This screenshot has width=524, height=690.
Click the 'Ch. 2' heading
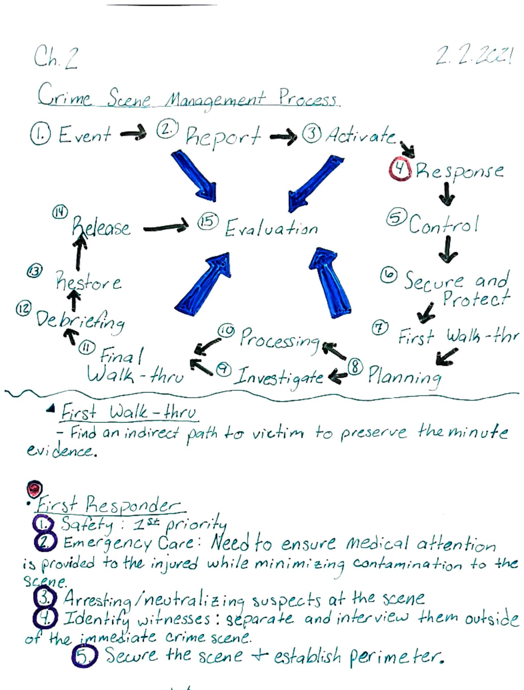click(x=56, y=58)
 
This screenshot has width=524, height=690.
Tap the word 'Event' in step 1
click(x=85, y=135)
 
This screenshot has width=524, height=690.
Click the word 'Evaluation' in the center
click(x=271, y=228)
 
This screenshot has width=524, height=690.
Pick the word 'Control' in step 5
click(x=444, y=224)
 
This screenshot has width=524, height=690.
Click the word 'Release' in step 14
click(x=101, y=227)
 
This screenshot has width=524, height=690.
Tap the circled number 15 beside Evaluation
click(x=208, y=221)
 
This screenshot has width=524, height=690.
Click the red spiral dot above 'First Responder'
click(x=34, y=489)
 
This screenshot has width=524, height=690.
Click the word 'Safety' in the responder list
click(x=86, y=524)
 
